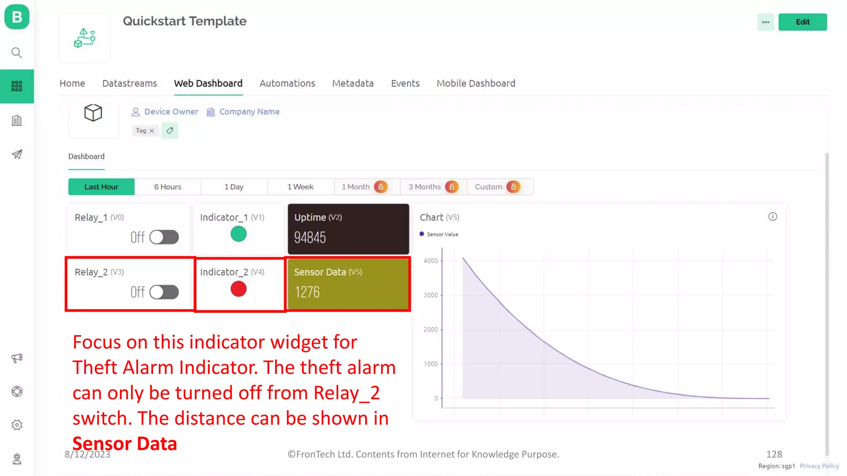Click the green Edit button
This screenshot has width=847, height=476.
coord(802,22)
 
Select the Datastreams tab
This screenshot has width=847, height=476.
coord(129,83)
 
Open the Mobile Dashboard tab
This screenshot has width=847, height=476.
coord(476,83)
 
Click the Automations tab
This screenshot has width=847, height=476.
coord(287,83)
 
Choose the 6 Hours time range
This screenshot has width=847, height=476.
coord(167,187)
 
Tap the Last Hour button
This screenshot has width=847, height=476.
coord(101,187)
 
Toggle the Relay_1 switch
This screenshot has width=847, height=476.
coord(164,237)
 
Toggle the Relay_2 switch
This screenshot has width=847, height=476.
coord(164,292)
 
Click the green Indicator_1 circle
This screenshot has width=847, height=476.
coord(238,234)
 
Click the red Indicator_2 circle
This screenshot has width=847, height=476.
coord(238,289)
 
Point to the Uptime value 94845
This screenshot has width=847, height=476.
coord(310,238)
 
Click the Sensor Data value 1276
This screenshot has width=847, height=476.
coord(307,293)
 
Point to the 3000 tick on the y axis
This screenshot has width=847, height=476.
coord(431,295)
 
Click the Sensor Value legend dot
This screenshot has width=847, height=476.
coord(421,234)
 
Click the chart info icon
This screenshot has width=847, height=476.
coord(773,217)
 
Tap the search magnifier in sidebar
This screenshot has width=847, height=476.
coord(17,52)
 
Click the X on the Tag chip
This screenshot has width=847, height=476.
coord(152,131)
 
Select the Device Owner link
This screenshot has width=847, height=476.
coord(171,112)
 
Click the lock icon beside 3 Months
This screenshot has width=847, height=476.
coord(452,187)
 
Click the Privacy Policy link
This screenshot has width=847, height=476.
coord(819,466)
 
